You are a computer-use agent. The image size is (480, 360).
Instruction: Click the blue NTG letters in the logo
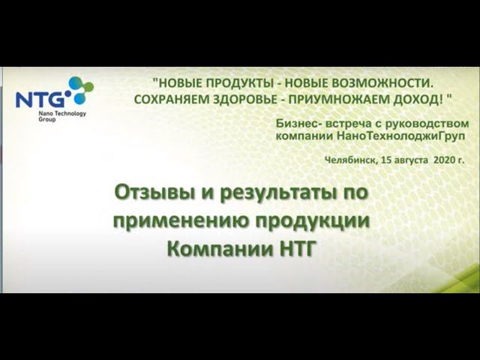(40, 100)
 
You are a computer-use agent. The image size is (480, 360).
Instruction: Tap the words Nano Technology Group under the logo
(62, 116)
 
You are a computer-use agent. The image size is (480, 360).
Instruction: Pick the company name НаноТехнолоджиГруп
(400, 136)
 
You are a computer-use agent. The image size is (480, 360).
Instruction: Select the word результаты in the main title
(278, 194)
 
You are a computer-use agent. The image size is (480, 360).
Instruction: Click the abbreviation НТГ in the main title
(297, 249)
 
